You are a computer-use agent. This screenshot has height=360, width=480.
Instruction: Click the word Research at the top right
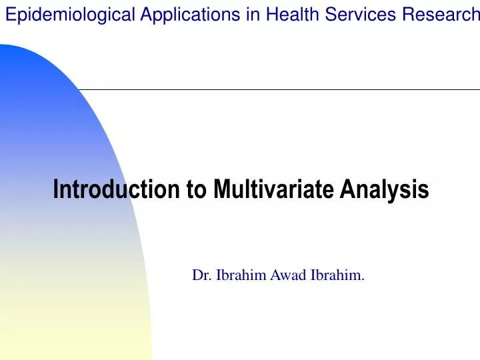(x=443, y=15)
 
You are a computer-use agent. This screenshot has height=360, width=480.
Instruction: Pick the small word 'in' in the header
(x=252, y=15)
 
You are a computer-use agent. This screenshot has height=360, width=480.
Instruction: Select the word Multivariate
(x=273, y=190)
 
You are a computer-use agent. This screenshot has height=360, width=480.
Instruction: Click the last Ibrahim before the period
(x=335, y=275)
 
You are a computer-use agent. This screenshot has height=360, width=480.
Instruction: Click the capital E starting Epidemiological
(x=10, y=15)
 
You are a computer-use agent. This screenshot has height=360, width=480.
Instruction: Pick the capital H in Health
(x=271, y=15)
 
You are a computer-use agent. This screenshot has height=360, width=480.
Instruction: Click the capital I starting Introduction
(x=56, y=190)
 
